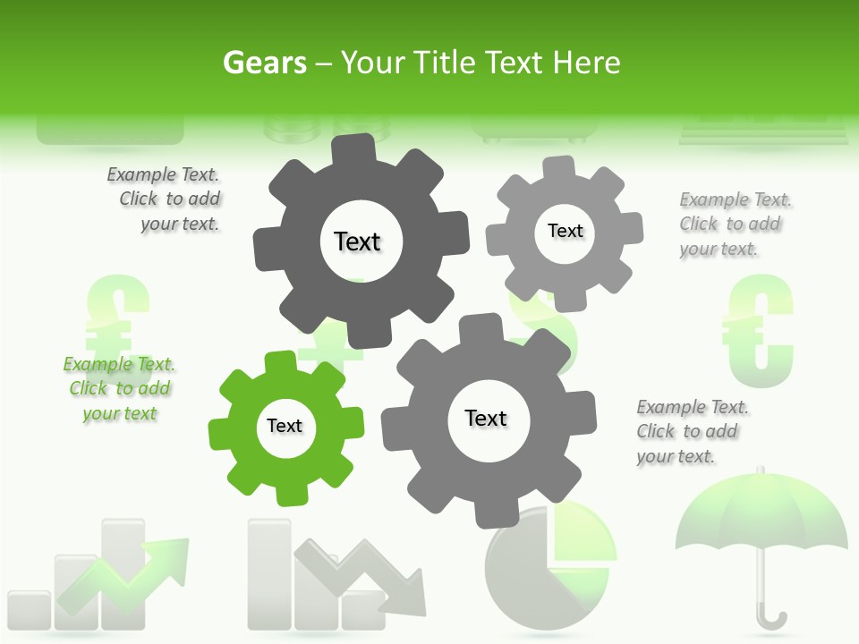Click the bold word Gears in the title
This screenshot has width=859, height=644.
(x=265, y=63)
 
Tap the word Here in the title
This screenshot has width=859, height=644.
(x=586, y=63)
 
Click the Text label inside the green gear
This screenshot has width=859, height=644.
(x=285, y=426)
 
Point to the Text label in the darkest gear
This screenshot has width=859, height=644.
(x=358, y=241)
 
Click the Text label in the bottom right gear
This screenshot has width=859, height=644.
(x=486, y=418)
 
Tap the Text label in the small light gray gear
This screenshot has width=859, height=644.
(x=565, y=231)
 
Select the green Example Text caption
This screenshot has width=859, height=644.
(x=119, y=389)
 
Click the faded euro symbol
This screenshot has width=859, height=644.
(x=759, y=331)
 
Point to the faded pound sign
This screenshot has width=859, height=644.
(x=116, y=318)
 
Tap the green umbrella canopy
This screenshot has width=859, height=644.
(x=761, y=519)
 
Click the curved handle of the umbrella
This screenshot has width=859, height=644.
(x=771, y=617)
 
